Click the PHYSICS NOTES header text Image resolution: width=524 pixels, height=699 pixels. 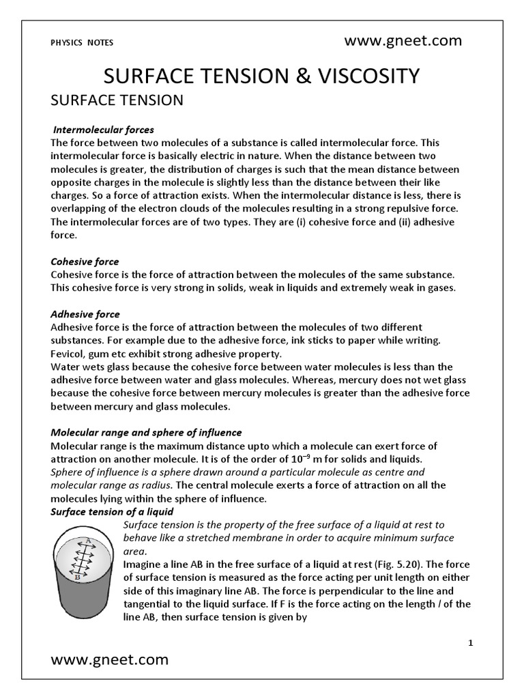(x=82, y=42)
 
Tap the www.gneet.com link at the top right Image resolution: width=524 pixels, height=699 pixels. (x=403, y=41)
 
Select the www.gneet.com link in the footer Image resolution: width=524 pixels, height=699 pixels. (x=110, y=659)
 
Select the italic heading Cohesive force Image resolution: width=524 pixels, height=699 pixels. (x=85, y=261)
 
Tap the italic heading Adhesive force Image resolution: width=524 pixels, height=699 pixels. (x=85, y=314)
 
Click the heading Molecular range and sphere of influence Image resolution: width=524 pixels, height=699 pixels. (x=146, y=433)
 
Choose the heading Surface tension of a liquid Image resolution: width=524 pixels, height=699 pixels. (x=112, y=511)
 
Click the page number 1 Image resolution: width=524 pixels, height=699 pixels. (x=471, y=643)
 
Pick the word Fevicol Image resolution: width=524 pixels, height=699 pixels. (x=68, y=354)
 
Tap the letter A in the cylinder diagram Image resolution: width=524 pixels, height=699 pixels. (x=87, y=540)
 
